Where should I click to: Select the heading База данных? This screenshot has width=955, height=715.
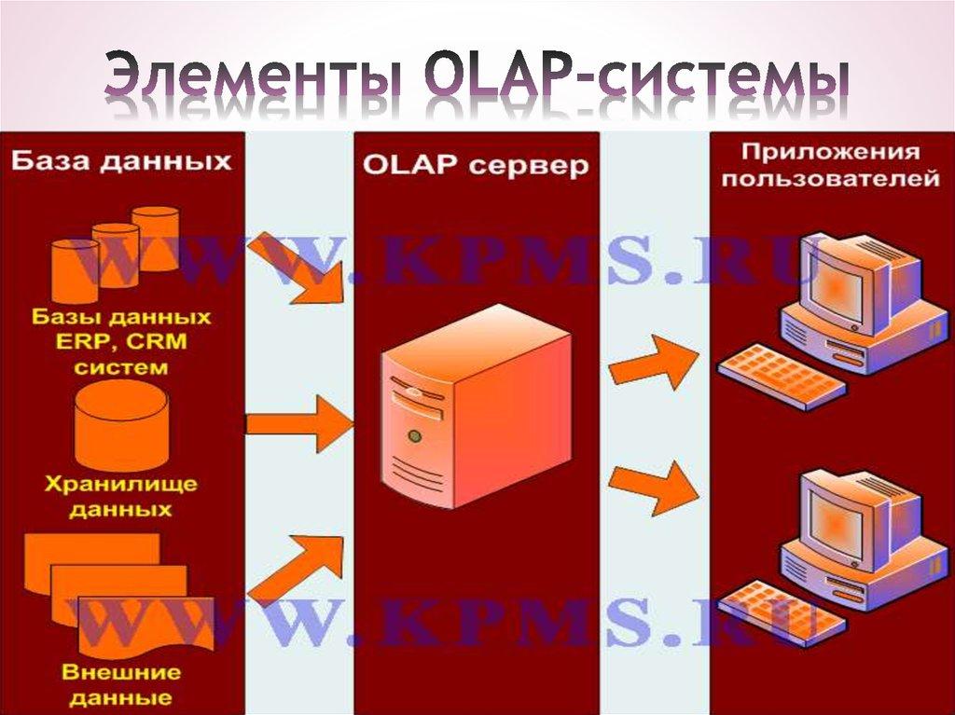coord(121,161)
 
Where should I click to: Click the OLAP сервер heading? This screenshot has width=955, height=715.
coord(475,167)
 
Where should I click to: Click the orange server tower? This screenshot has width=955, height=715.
coord(476,419)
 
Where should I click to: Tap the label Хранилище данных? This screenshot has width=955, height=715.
coord(121,497)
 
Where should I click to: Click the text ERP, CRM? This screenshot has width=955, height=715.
coord(121,341)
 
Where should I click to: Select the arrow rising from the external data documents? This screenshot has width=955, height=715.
coord(298,569)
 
